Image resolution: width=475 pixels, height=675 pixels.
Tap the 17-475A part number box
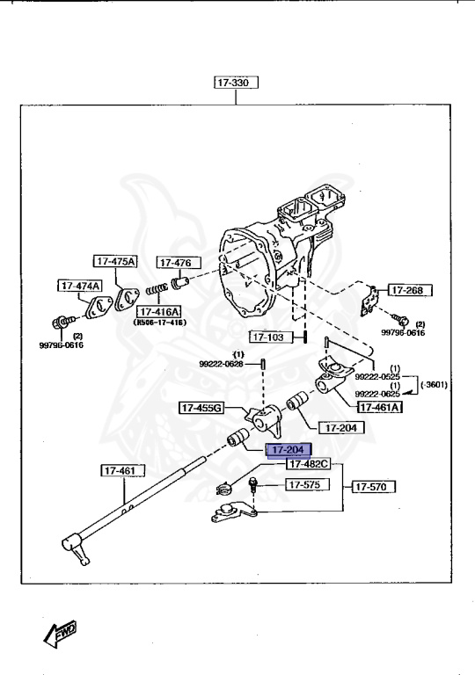click(x=116, y=261)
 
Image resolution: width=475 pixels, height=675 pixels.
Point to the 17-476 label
click(x=179, y=263)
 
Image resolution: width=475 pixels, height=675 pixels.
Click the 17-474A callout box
click(x=80, y=286)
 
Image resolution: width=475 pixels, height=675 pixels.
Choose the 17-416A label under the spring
click(x=157, y=312)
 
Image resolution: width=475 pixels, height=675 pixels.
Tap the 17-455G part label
click(x=201, y=408)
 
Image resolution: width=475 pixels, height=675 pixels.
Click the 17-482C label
click(x=307, y=463)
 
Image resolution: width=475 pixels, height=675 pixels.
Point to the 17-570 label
click(x=375, y=485)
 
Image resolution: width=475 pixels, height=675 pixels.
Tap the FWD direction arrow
click(x=60, y=631)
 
